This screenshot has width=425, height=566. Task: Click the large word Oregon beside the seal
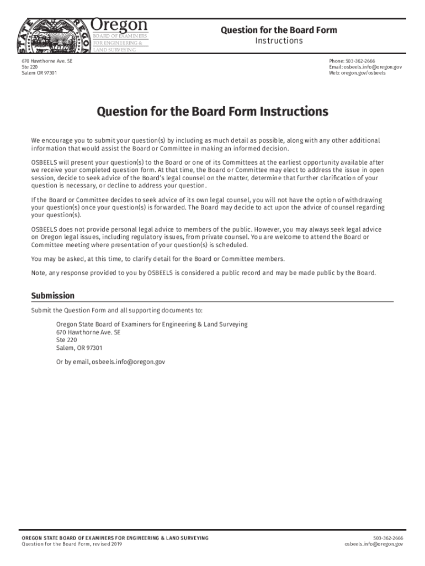point(119,25)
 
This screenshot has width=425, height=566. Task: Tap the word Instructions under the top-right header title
point(279,41)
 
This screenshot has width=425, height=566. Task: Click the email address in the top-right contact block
point(365,67)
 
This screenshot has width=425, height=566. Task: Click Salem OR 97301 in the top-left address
point(39,73)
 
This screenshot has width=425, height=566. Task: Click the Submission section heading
point(53,296)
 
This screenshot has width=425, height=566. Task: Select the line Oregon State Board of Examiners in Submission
point(152,324)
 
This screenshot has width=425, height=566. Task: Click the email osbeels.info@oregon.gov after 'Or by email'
point(128,362)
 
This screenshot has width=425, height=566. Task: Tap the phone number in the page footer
point(388,538)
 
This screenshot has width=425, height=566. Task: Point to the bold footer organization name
point(115,538)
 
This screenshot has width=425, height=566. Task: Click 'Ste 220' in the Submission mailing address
point(66,340)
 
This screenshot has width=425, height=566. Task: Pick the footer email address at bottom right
point(374,544)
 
